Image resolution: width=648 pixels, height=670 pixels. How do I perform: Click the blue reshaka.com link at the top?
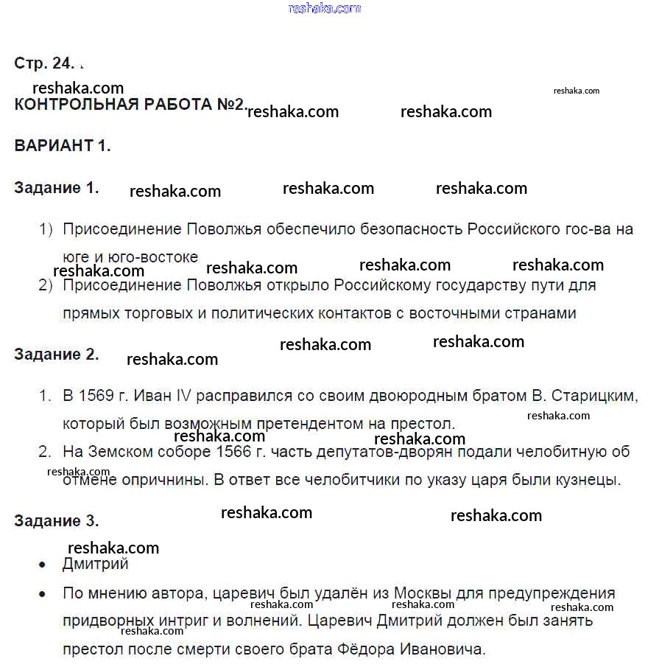[325, 9]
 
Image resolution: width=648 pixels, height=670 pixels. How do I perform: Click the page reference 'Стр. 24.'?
[44, 63]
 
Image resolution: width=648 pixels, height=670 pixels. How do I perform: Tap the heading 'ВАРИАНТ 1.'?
[63, 145]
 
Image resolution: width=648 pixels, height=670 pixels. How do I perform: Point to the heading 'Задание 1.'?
[57, 188]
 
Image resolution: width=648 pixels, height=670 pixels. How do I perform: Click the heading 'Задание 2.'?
[57, 355]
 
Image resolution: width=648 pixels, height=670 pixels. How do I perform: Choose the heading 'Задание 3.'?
[57, 521]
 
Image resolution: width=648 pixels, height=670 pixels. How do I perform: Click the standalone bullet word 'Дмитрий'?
[96, 565]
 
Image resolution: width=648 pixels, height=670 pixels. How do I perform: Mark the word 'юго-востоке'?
[163, 257]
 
